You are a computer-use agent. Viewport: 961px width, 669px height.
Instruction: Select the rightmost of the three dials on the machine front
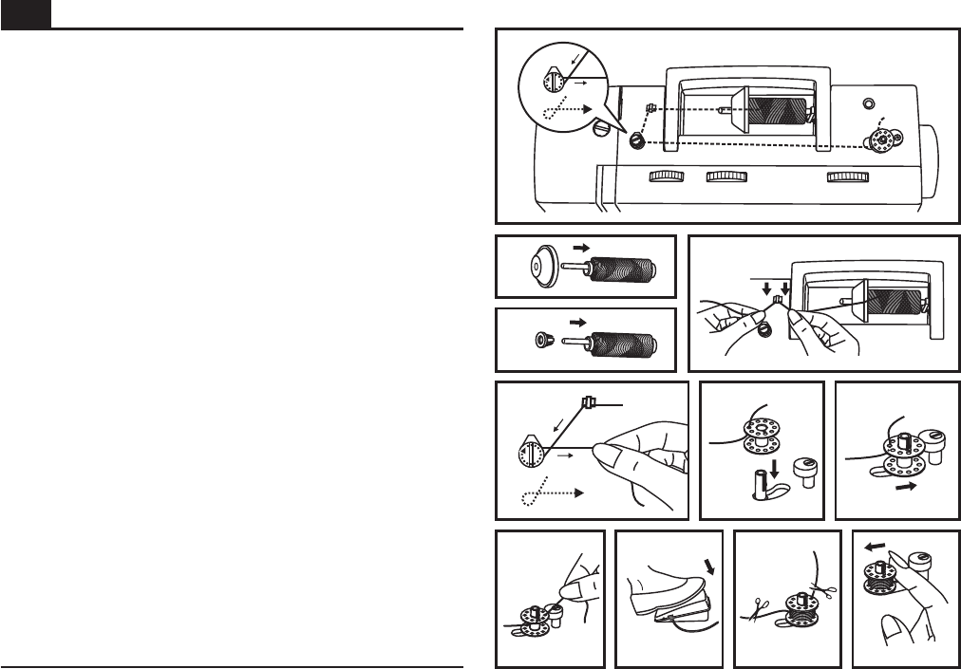pos(848,177)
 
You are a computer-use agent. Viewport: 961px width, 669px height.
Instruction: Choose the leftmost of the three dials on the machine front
pos(669,177)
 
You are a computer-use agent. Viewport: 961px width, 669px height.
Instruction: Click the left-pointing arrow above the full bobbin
pos(870,546)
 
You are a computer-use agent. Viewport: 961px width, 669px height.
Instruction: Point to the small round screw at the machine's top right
pos(867,102)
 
